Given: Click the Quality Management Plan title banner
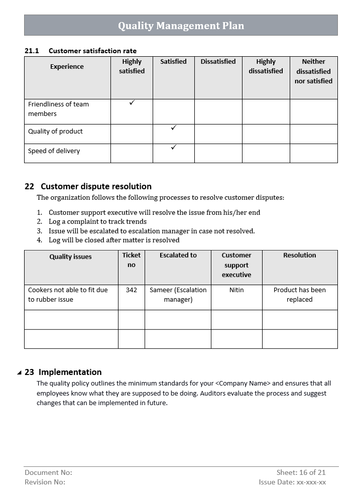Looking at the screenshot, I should point(181,25).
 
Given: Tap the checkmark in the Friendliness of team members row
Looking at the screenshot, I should point(132,102).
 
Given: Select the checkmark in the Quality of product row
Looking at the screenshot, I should point(174,128).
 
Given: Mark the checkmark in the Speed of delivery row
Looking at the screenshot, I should point(174,147).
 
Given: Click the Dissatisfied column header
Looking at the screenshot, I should point(218,62).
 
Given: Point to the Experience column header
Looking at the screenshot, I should point(67,67).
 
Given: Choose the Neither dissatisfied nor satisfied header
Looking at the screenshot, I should point(313,71).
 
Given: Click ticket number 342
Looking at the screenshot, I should point(132,290).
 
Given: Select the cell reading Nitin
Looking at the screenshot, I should point(236,290).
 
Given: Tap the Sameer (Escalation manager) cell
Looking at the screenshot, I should point(178,295).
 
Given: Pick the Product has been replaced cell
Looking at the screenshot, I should point(299,295).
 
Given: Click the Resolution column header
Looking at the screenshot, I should point(299,256).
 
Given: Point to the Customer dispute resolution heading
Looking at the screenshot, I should point(95,186).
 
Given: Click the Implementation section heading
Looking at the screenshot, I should point(70,372).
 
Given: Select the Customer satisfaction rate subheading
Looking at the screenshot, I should point(92,51).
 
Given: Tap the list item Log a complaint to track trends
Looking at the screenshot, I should point(97,221).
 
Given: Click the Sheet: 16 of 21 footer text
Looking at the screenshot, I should point(301,472).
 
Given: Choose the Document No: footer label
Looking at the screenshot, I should point(48,472).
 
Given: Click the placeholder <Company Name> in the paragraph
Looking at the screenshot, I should point(243,384).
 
